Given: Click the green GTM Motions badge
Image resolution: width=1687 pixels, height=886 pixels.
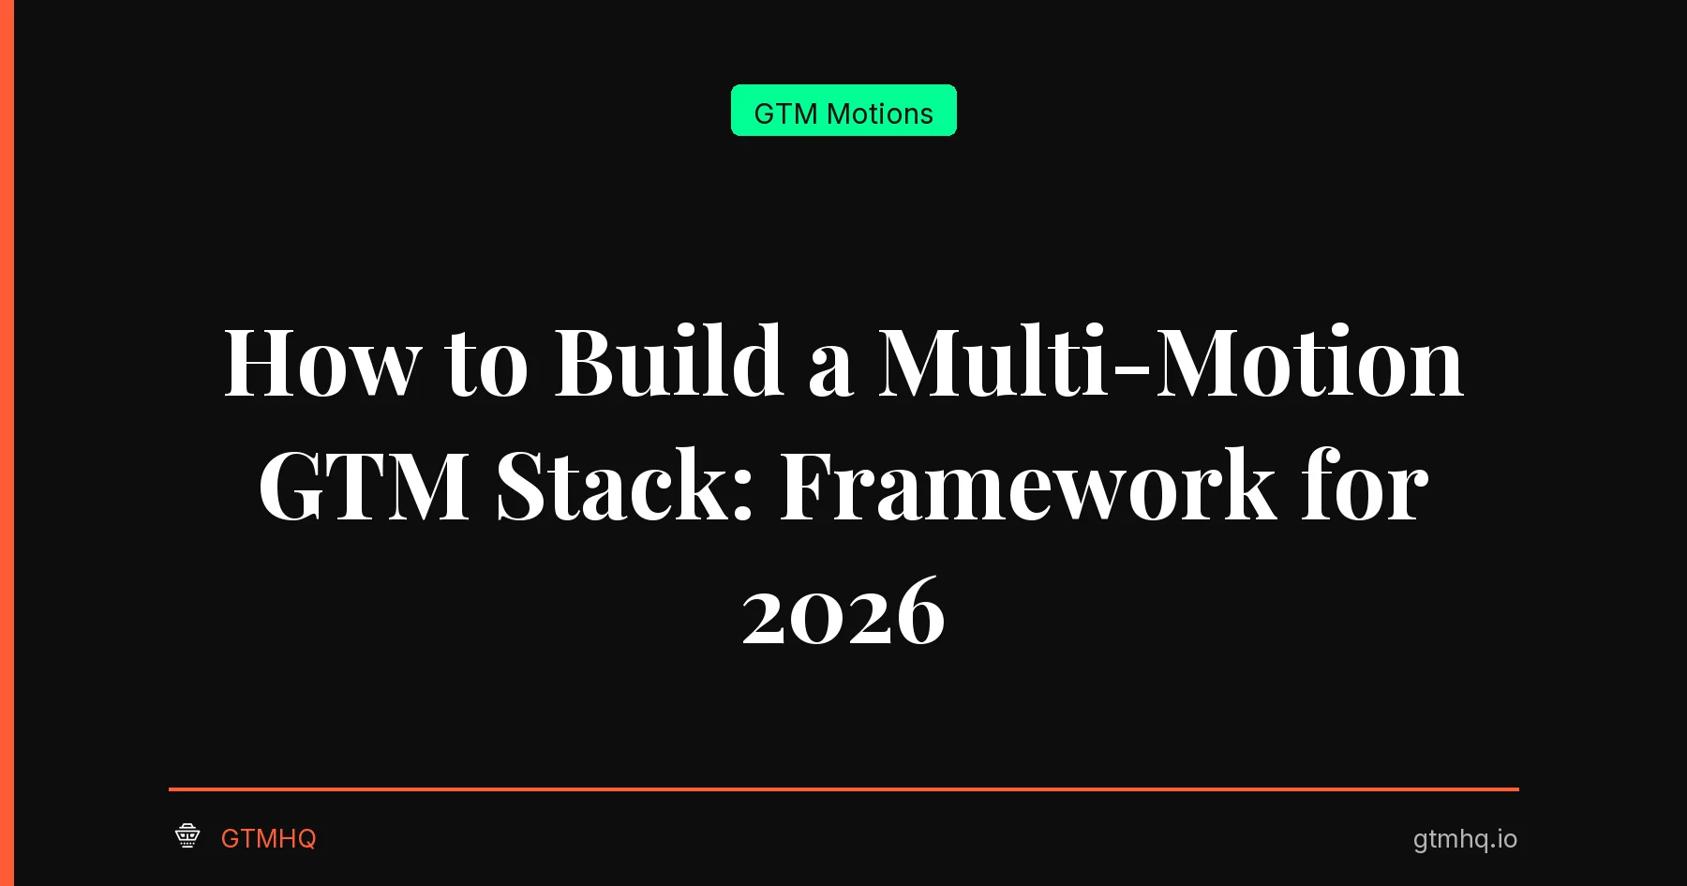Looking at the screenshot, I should tap(843, 111).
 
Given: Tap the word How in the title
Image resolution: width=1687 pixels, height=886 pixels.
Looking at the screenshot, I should tap(321, 363).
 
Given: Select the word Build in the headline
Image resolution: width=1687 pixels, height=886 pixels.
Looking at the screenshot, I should tap(668, 363).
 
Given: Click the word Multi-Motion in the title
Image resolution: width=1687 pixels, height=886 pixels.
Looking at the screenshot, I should tap(1170, 363).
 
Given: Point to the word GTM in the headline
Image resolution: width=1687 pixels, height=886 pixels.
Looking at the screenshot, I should tap(364, 487).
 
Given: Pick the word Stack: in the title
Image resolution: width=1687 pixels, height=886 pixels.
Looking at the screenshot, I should tap(624, 487).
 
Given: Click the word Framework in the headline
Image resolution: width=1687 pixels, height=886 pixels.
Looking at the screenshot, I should tap(1027, 487).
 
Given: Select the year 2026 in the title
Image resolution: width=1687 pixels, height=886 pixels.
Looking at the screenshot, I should tap(843, 613).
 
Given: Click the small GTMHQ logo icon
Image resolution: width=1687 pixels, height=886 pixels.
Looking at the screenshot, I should tap(187, 835).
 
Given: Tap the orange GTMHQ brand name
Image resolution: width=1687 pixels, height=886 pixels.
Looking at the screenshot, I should tap(268, 838).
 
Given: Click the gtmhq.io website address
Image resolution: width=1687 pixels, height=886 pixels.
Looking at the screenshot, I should tap(1465, 838).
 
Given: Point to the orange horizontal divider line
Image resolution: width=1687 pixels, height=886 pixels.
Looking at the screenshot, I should tap(843, 789).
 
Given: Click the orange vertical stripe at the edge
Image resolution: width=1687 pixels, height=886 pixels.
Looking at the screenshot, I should tap(7, 443).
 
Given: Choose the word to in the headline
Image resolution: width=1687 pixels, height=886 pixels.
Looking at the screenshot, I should tap(486, 366).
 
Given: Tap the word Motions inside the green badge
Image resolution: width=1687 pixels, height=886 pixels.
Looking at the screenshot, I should tap(880, 113).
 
